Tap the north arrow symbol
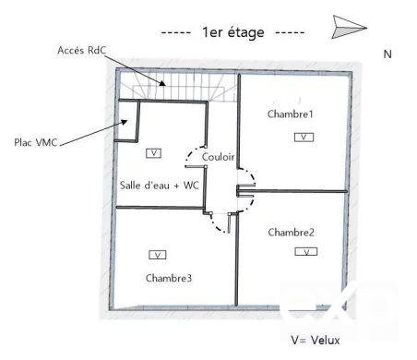click(x=347, y=26)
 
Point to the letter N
click(x=387, y=54)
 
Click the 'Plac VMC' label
click(x=36, y=142)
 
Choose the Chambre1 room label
click(x=291, y=114)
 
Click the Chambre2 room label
click(x=292, y=233)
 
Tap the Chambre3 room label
click(x=169, y=277)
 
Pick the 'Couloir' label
click(x=218, y=157)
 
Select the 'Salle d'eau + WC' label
click(x=160, y=185)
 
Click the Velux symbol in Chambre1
click(x=304, y=137)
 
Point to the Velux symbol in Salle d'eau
click(x=153, y=151)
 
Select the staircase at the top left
click(x=175, y=89)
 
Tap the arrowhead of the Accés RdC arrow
click(x=163, y=84)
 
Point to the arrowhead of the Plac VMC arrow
click(x=124, y=121)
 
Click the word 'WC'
click(x=192, y=185)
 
